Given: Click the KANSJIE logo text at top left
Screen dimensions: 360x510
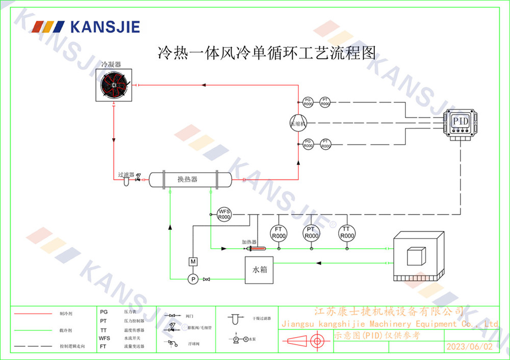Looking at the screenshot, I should [104, 26].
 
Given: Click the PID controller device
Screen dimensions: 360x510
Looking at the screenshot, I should [461, 122].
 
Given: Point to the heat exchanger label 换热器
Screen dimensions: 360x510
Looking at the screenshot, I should [188, 179].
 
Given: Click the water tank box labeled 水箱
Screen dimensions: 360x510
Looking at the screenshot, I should [259, 270].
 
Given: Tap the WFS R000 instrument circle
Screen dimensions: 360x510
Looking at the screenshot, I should [224, 214].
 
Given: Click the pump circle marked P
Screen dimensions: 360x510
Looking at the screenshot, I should [193, 279].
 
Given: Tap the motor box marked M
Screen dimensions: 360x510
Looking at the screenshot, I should [193, 262].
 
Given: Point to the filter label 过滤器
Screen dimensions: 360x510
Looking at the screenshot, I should [126, 174].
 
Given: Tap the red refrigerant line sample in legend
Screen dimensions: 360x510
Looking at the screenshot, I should [33, 314].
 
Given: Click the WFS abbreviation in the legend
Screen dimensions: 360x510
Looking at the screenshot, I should [104, 338].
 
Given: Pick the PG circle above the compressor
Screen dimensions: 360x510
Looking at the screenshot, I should [308, 102].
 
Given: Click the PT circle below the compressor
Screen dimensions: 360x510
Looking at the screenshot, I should [325, 144].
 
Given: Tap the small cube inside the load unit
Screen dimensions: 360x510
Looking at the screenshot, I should [416, 256].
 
